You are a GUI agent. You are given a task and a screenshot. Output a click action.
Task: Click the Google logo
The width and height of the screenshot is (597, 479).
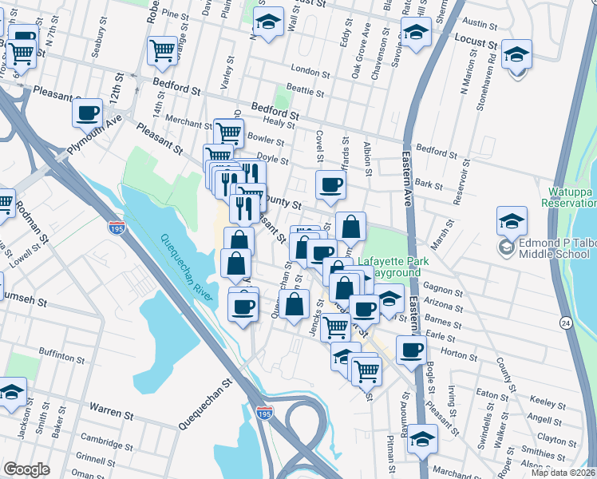(26, 469)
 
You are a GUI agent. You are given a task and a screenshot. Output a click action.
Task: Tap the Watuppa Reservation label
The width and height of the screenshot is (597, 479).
(571, 197)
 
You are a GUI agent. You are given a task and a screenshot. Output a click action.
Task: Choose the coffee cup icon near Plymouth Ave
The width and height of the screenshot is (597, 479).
(88, 113)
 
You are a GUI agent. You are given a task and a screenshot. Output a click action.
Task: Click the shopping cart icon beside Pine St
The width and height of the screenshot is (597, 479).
(162, 50)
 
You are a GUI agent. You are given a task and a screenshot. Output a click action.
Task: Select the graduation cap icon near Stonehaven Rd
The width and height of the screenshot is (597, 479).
(517, 54)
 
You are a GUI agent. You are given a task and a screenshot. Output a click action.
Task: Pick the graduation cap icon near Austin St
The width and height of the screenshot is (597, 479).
(415, 34)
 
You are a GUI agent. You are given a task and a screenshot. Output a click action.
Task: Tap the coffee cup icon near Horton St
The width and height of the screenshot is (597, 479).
(412, 349)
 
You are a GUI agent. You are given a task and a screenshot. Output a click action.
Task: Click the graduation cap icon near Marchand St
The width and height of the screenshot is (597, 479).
(422, 439)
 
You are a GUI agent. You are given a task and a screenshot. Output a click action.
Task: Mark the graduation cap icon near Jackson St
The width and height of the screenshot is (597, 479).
(12, 392)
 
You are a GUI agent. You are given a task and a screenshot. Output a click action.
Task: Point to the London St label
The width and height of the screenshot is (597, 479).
(310, 70)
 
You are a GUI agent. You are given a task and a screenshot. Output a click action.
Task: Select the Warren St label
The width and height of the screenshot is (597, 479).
(112, 414)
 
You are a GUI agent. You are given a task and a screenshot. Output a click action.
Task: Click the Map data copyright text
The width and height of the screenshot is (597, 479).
(563, 473)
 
